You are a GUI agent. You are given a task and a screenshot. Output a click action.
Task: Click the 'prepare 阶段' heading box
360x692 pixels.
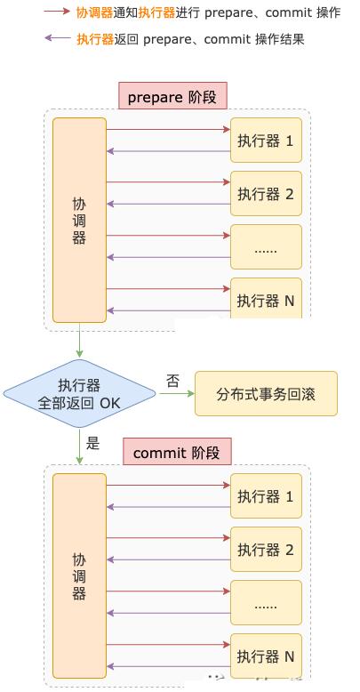(x=172, y=95)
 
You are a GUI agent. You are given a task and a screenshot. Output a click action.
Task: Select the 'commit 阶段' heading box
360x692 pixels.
(x=177, y=451)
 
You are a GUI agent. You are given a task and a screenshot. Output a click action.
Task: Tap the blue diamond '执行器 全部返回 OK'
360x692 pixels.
(x=79, y=393)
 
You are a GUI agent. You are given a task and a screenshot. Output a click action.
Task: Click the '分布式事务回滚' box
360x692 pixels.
(x=266, y=393)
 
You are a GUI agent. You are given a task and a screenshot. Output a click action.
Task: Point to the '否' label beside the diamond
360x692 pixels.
(x=173, y=381)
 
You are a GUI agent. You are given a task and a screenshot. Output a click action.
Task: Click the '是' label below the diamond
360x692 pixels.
(x=93, y=443)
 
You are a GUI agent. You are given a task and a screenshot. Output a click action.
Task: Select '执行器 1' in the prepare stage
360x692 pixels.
(x=266, y=140)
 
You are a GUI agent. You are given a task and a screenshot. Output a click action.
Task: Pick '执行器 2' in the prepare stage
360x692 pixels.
(x=266, y=193)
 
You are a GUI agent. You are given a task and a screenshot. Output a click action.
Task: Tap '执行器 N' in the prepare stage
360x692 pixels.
(x=266, y=298)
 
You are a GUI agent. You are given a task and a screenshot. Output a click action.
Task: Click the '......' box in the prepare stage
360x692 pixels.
(x=266, y=246)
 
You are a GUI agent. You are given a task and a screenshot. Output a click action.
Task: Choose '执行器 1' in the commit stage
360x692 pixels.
(x=266, y=496)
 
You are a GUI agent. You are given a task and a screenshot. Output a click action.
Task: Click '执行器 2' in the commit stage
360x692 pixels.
(x=266, y=550)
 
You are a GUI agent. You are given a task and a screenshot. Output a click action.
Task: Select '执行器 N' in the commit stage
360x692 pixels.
(x=266, y=656)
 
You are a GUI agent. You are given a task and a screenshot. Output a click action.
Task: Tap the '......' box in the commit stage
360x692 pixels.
(x=266, y=603)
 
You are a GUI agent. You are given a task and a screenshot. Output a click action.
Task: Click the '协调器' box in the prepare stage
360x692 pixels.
(x=79, y=221)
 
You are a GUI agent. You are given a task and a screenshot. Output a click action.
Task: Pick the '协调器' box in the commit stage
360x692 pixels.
(x=79, y=576)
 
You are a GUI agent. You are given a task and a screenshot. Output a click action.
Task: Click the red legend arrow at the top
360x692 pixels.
(x=58, y=12)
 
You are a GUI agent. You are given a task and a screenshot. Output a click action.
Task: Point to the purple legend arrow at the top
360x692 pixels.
(x=58, y=38)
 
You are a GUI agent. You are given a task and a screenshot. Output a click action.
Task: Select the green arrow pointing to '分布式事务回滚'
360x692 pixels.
(x=177, y=393)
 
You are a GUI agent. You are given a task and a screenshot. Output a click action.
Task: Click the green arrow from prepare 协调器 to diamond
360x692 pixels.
(x=79, y=340)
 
